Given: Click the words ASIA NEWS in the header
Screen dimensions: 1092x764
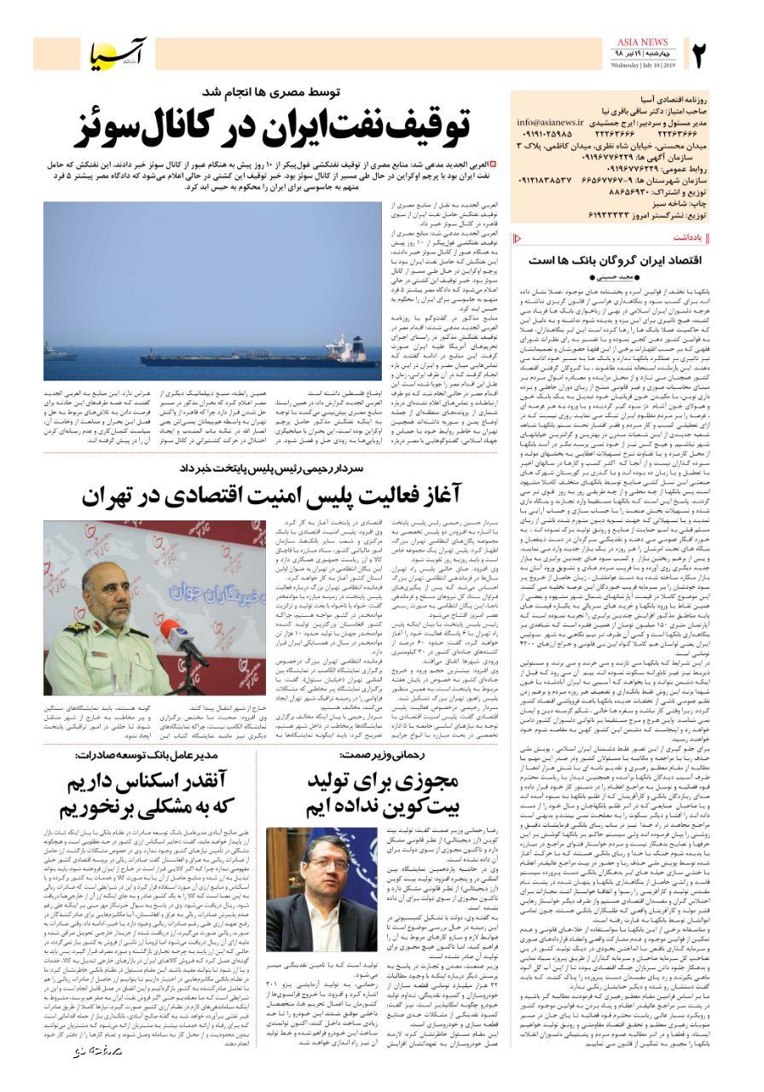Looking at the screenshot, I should [640, 42].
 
